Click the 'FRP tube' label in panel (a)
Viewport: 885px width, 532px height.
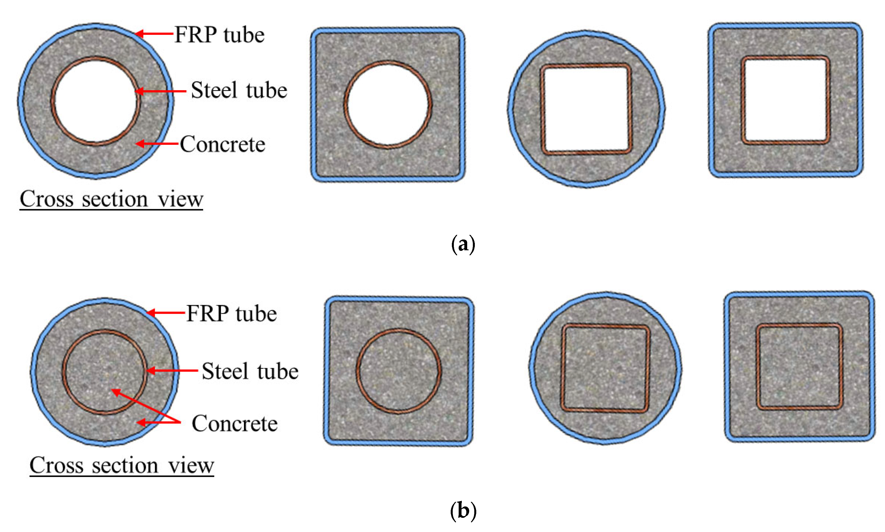click(x=219, y=35)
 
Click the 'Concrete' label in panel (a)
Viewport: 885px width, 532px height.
click(x=222, y=144)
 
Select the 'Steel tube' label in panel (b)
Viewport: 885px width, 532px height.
click(x=250, y=371)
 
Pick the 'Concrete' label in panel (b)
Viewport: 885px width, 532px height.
click(x=234, y=423)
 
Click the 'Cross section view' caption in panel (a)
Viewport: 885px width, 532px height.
click(x=111, y=199)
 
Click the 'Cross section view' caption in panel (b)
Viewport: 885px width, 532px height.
click(x=122, y=465)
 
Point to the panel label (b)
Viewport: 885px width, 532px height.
click(x=463, y=510)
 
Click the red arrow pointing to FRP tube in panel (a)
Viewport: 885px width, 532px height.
click(x=154, y=34)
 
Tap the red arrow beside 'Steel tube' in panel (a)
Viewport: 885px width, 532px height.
click(x=161, y=91)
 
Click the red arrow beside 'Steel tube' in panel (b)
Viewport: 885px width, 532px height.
click(x=172, y=370)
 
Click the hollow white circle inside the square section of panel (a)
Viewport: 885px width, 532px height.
click(x=388, y=104)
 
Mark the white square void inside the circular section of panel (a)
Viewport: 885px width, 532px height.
click(x=586, y=109)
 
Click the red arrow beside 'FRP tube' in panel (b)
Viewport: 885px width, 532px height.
click(x=166, y=313)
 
